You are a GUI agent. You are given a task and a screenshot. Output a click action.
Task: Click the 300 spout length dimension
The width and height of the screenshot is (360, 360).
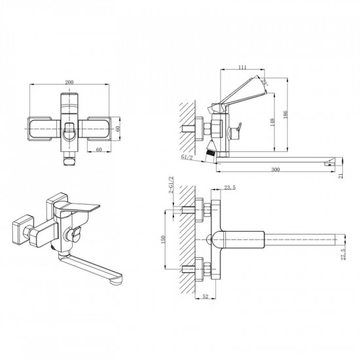click(275, 169)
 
